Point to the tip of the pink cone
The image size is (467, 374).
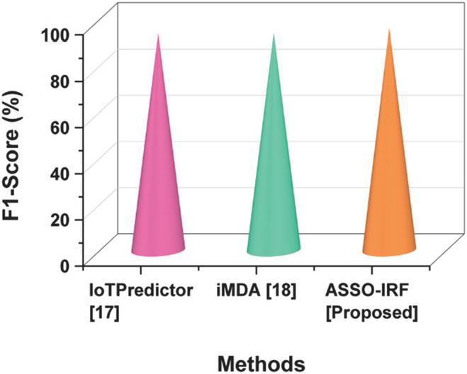pos(158,34)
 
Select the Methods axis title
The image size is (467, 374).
pos(262,363)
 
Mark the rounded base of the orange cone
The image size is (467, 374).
pos(388,249)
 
